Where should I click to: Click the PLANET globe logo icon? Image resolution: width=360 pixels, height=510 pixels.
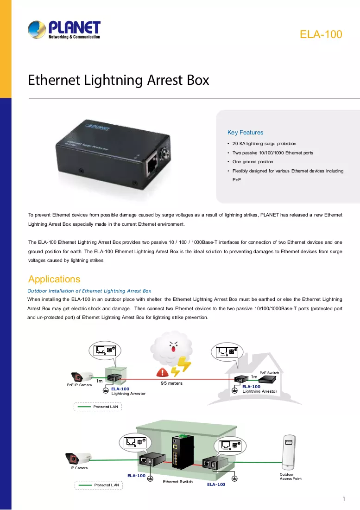[37, 30]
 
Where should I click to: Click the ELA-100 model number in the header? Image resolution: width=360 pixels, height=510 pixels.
[321, 34]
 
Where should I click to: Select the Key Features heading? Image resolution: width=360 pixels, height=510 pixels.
[245, 133]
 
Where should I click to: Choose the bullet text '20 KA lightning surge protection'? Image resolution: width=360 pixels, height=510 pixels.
[264, 143]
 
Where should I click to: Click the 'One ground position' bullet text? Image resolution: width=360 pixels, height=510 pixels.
[253, 162]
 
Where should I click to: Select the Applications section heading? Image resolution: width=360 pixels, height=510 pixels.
[54, 279]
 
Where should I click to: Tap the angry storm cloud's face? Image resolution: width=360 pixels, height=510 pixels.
[173, 347]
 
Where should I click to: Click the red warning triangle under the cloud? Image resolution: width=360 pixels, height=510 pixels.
[162, 372]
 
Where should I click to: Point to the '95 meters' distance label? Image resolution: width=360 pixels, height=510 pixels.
[171, 383]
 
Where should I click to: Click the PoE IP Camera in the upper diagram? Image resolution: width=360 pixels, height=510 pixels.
[82, 376]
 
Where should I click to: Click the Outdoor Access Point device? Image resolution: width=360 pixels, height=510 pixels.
[288, 452]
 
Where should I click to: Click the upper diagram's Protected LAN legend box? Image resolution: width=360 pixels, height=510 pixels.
[98, 407]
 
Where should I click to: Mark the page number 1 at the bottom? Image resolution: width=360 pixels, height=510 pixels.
[344, 499]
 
